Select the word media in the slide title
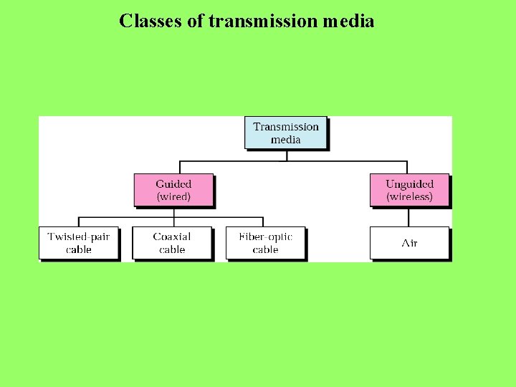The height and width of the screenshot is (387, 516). tap(348, 21)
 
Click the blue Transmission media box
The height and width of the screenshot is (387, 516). tap(285, 133)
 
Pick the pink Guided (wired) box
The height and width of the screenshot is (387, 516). tap(173, 190)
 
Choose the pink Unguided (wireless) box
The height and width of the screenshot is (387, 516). tap(409, 190)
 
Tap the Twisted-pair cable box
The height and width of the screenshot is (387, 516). tap(78, 243)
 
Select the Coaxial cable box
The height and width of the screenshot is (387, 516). tap(172, 243)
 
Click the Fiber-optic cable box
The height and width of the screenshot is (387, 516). tap(265, 243)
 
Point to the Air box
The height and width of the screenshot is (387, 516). tap(409, 243)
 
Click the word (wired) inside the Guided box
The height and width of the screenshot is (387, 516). tap(173, 196)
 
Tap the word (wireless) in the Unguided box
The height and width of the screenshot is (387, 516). tap(409, 196)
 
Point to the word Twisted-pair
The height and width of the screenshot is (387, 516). tap(78, 236)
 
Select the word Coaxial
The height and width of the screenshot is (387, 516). tap(172, 236)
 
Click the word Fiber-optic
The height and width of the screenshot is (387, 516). tap(265, 236)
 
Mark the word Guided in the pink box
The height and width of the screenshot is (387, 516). tap(173, 183)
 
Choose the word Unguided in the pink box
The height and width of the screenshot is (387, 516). tap(409, 183)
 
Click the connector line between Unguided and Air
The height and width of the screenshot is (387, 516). tap(409, 217)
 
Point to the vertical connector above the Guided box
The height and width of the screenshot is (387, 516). tap(173, 167)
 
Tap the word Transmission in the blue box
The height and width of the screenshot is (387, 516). tap(285, 127)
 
